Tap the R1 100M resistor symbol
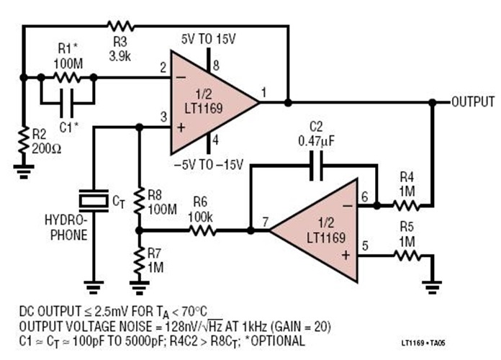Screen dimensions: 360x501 [x=67, y=75]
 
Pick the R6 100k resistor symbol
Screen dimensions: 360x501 [x=201, y=231]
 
